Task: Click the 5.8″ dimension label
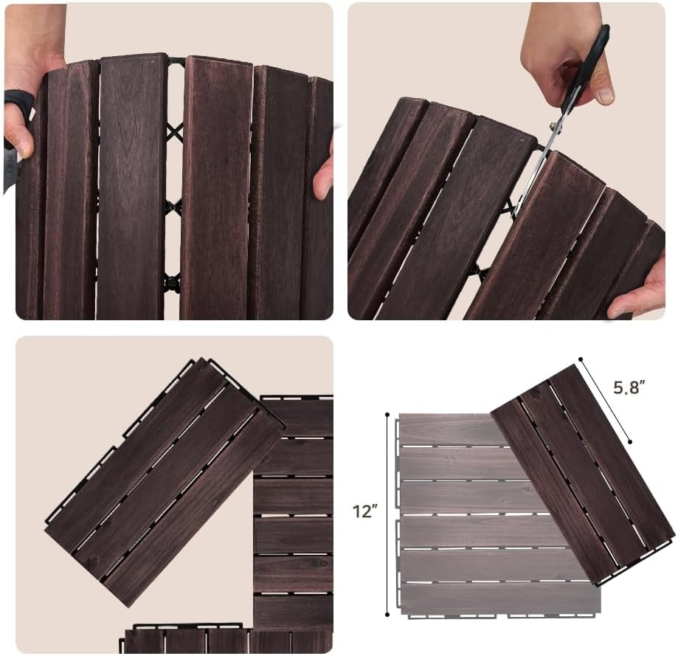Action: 629,387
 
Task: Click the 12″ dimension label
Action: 365,511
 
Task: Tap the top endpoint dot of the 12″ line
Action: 387,414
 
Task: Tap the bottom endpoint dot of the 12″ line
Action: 387,614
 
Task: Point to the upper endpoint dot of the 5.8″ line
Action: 581,359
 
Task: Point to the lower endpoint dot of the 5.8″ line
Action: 630,441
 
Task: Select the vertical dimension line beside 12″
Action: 387,514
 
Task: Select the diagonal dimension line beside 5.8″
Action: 606,401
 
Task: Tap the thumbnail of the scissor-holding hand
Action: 606,94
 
